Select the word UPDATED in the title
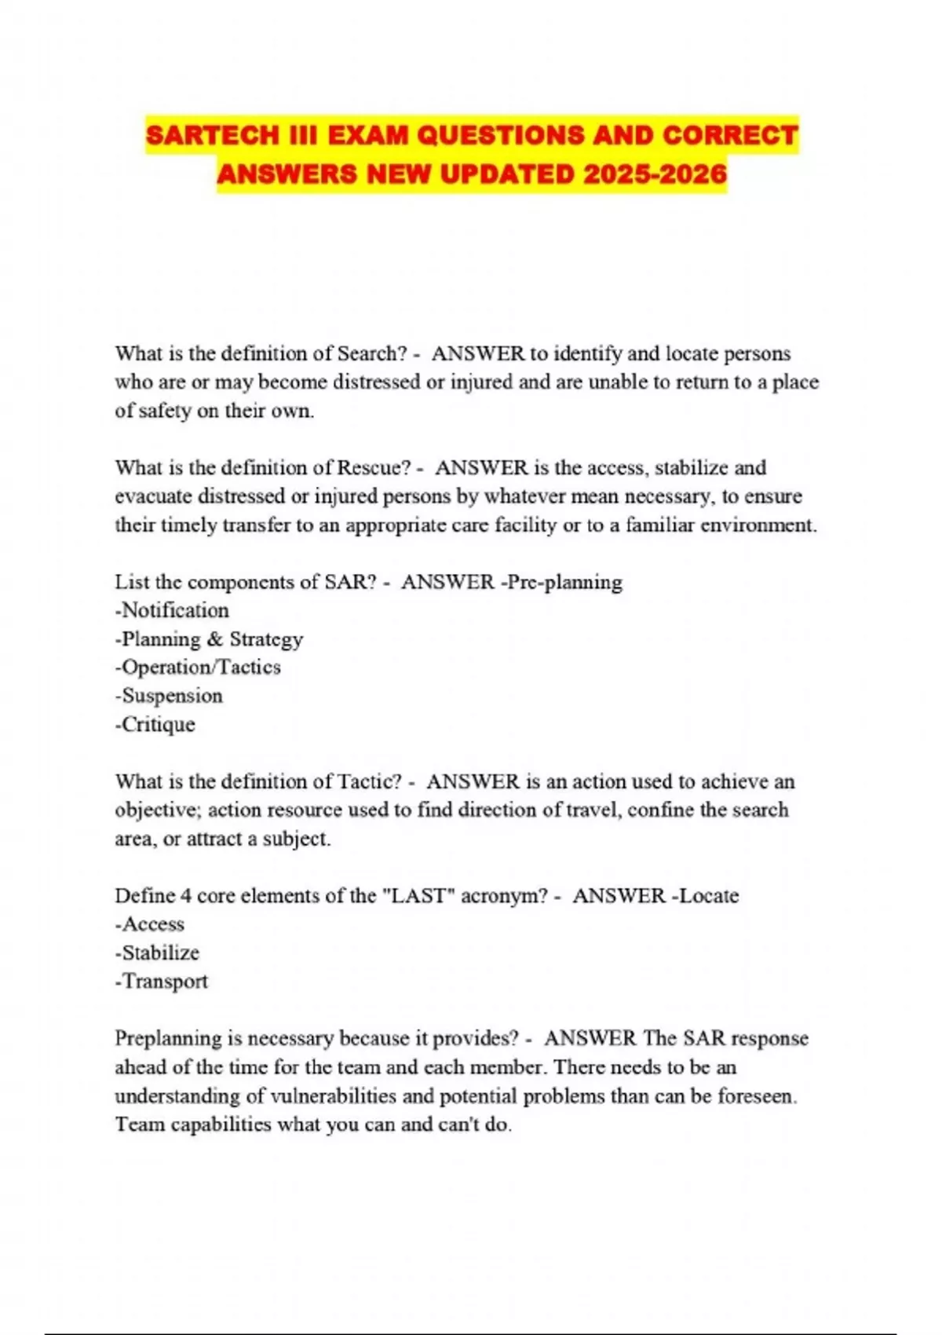(506, 174)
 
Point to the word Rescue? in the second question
(374, 468)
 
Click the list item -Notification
(172, 610)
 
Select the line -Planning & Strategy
(209, 639)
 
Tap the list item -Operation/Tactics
(198, 667)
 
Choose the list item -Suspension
(169, 696)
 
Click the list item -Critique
(155, 724)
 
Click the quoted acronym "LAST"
(418, 896)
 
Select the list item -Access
(149, 924)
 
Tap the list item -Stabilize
(157, 953)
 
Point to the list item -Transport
(161, 982)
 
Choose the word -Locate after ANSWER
(705, 896)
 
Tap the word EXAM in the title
(368, 135)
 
